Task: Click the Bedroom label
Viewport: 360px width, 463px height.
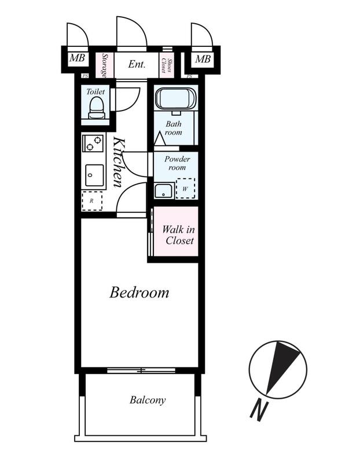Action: pyautogui.click(x=139, y=293)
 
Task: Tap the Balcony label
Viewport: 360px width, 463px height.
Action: pyautogui.click(x=148, y=400)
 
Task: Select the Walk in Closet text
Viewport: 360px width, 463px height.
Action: pyautogui.click(x=178, y=235)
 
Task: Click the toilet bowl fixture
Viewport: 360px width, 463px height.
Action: pyautogui.click(x=96, y=108)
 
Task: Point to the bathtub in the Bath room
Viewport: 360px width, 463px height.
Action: pyautogui.click(x=176, y=99)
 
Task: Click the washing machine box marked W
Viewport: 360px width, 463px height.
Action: pyautogui.click(x=185, y=189)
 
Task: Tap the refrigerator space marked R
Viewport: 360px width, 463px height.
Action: pyautogui.click(x=92, y=201)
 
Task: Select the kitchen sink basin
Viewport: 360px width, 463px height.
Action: pyautogui.click(x=94, y=175)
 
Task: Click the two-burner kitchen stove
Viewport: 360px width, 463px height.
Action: pyautogui.click(x=93, y=143)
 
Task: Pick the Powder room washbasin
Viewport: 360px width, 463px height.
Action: pyautogui.click(x=164, y=191)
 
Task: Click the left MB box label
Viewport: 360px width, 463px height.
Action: pyautogui.click(x=77, y=58)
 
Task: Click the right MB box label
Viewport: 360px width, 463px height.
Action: pyautogui.click(x=203, y=59)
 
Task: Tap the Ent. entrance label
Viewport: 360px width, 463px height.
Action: pyautogui.click(x=137, y=64)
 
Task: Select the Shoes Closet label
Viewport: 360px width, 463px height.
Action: pyautogui.click(x=167, y=65)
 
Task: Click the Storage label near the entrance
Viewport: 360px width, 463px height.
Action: pyautogui.click(x=104, y=65)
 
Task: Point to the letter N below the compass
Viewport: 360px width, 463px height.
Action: pyautogui.click(x=259, y=411)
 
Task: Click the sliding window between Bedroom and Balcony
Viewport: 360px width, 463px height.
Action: pyautogui.click(x=141, y=370)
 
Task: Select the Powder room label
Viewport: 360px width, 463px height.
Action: pyautogui.click(x=177, y=163)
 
